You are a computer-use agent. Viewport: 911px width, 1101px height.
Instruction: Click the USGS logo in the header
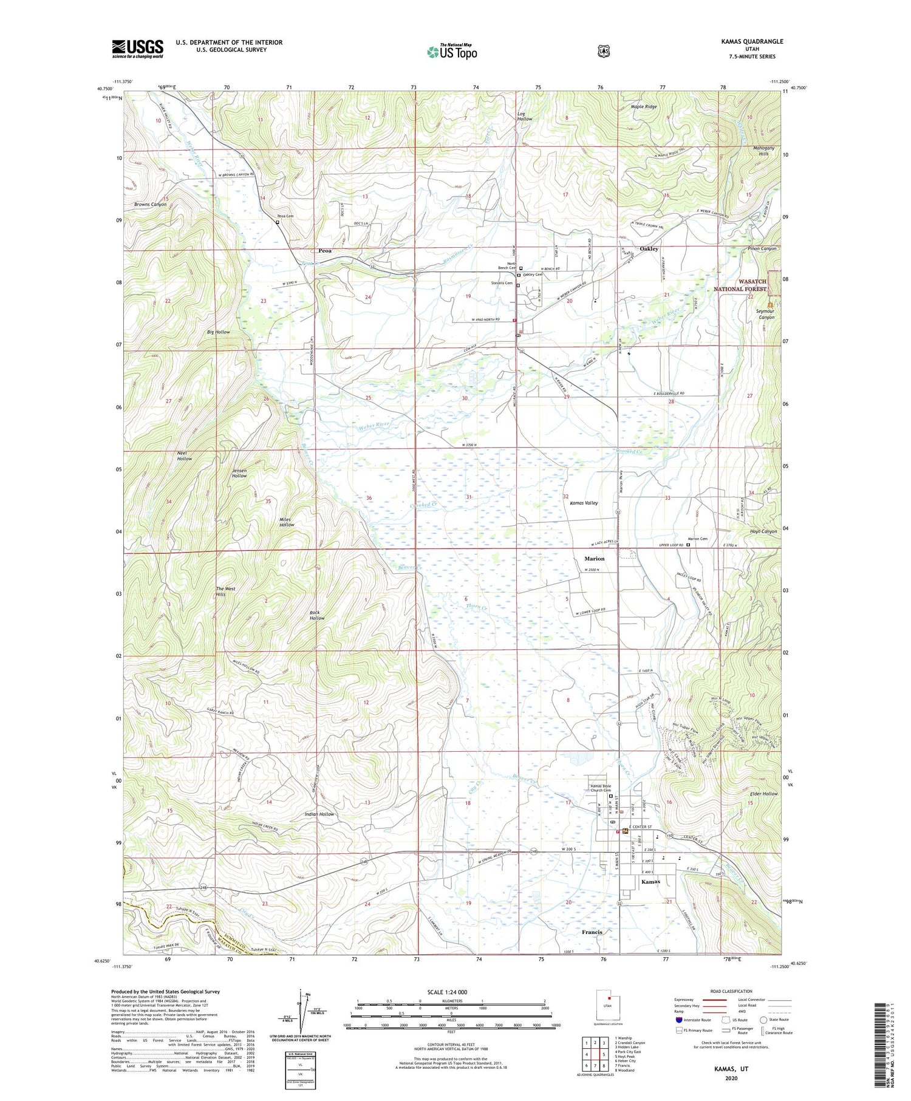coord(137,49)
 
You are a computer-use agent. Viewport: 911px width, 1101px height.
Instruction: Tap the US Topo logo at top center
coord(452,52)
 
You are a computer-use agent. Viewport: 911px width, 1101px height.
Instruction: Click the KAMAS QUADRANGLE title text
coord(749,42)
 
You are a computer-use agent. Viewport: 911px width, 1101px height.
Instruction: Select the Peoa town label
coord(325,250)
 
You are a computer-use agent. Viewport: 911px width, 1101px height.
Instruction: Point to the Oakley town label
coord(649,249)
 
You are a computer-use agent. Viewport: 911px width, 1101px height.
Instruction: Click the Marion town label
coord(594,558)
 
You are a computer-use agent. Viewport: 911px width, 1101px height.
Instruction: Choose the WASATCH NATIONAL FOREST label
coord(746,285)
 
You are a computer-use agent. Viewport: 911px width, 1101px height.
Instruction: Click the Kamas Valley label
coord(584,503)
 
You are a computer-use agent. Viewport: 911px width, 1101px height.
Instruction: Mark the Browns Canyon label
coord(150,205)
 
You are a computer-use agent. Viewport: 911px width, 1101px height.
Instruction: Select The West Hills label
coord(225,591)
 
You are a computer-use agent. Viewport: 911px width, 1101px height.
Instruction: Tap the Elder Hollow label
coord(763,794)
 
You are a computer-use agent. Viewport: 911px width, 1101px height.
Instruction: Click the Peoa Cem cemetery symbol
coord(278,222)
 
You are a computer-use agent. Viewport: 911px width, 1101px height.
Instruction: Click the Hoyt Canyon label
coord(763,531)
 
